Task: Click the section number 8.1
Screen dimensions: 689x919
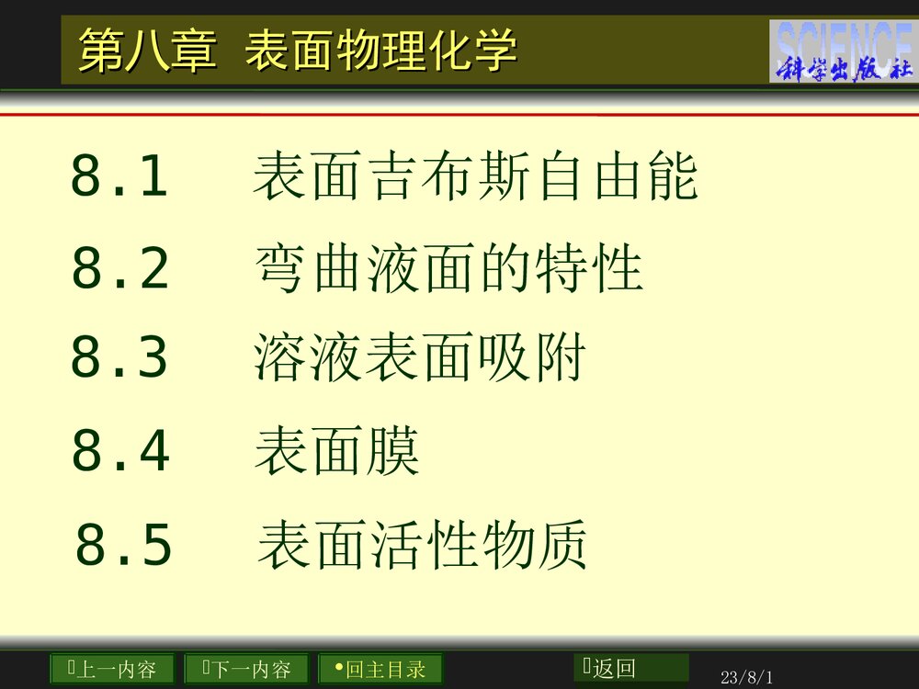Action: [x=119, y=177]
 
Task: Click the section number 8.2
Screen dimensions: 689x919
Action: [x=120, y=269]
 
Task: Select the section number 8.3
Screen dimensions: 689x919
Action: [x=119, y=358]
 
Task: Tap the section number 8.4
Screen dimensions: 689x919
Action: [x=120, y=451]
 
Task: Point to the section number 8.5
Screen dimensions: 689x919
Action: [x=123, y=545]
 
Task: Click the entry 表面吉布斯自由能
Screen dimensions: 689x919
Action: [x=475, y=177]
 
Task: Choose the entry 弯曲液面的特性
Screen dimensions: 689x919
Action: [x=448, y=269]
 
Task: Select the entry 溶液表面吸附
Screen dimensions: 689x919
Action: [x=419, y=359]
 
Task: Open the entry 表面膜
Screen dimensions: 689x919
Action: [x=336, y=451]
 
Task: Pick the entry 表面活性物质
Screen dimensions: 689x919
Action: [x=422, y=545]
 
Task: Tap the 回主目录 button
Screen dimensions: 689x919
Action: [x=380, y=669]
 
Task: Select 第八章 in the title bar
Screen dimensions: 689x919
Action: [x=148, y=51]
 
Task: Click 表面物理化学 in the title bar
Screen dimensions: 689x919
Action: [x=380, y=51]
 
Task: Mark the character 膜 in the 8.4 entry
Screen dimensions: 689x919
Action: [x=393, y=451]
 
